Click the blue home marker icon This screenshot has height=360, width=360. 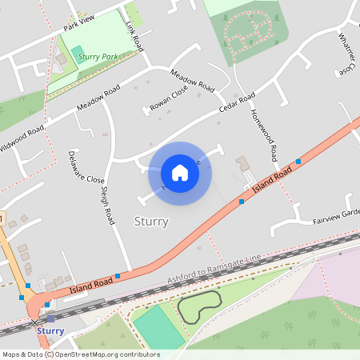coord(180,173)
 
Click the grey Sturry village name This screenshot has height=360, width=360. coord(150,221)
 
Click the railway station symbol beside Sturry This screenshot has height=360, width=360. coord(35,322)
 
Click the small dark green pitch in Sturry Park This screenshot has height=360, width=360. coord(78,54)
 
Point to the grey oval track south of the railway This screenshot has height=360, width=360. coord(200,307)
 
